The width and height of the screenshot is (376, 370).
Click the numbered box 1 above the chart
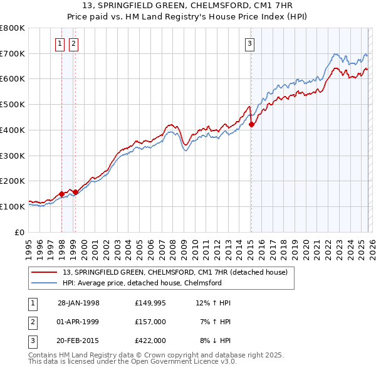(60, 43)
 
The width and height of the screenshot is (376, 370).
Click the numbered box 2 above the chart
(73, 43)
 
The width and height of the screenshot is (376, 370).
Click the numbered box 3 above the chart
(249, 43)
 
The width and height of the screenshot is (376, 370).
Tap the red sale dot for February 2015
(251, 125)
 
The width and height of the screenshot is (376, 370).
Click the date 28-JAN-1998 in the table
(78, 303)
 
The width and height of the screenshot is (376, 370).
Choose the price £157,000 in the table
(150, 322)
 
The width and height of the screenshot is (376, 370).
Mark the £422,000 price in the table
(150, 341)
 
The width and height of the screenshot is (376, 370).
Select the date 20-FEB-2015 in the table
(78, 341)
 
